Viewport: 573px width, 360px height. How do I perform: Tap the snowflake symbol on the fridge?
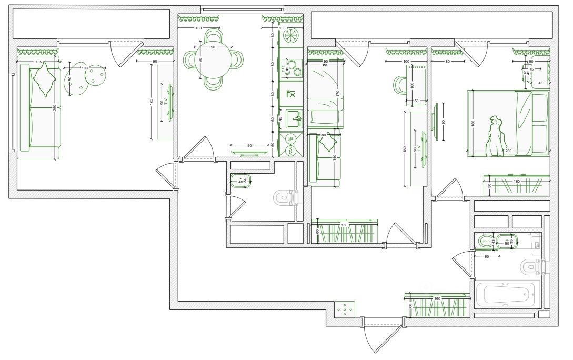coord(290,35)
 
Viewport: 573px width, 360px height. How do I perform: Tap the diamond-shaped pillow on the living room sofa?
coord(44,79)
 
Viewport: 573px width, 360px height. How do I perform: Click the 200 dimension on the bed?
coord(508,151)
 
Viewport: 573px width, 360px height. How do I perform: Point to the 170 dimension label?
coord(337,94)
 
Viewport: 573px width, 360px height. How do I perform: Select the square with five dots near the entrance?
coord(344,310)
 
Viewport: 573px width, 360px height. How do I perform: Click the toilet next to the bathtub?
coord(530,267)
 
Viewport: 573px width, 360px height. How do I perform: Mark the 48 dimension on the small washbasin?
coord(240,181)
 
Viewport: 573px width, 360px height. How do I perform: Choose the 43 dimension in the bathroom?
coord(493,242)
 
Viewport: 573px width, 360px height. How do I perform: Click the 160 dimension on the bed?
coord(473,123)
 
